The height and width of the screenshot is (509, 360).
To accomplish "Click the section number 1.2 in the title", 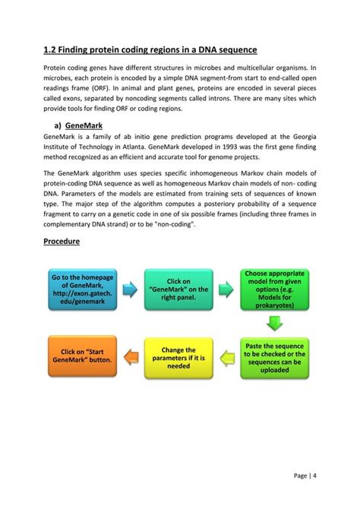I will pyautogui.click(x=50, y=50).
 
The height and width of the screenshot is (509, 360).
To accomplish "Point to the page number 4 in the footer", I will pyautogui.click(x=314, y=476).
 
